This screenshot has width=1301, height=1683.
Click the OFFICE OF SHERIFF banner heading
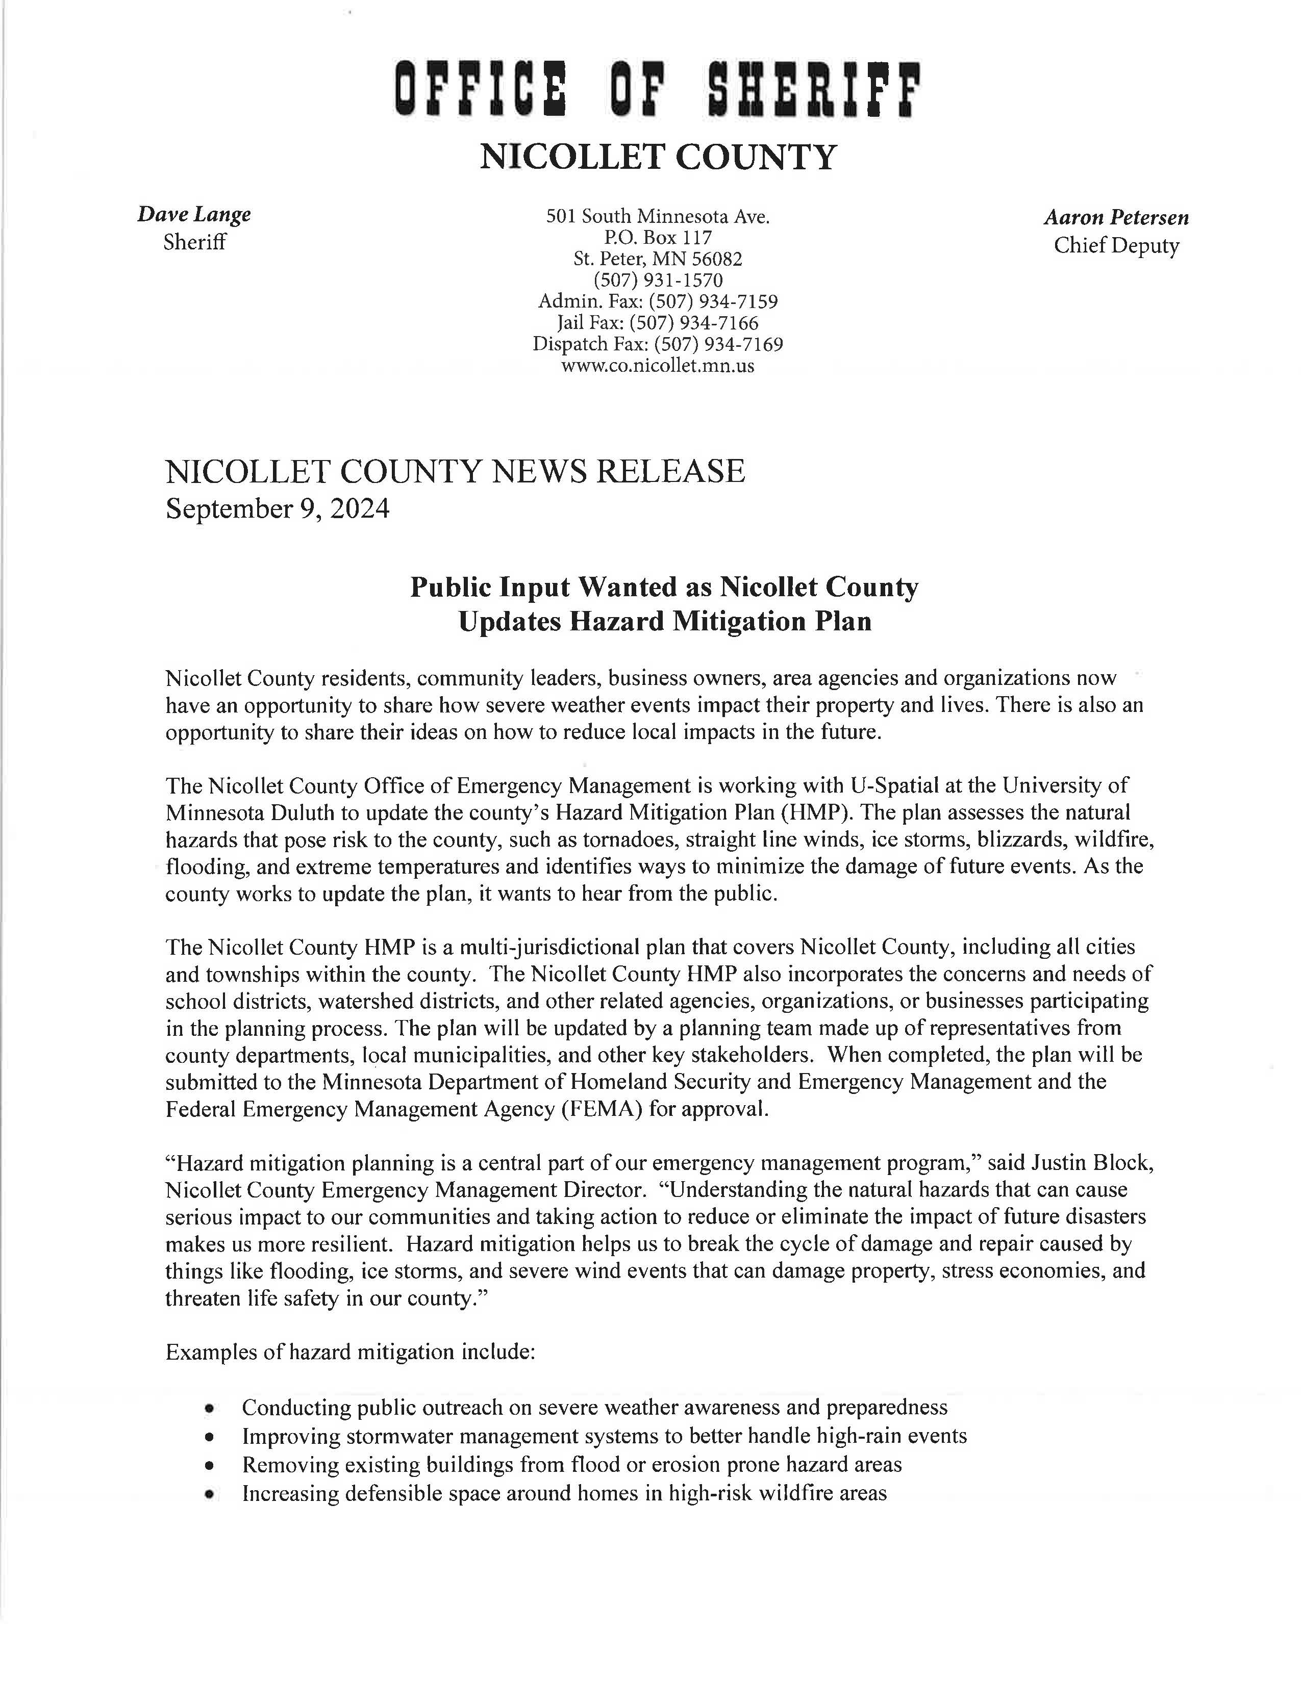click(658, 91)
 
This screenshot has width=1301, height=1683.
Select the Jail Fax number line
click(658, 322)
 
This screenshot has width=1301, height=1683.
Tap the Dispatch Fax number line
click(658, 344)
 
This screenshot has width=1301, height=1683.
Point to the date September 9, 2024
click(278, 509)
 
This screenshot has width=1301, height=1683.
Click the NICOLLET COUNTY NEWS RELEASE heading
click(455, 471)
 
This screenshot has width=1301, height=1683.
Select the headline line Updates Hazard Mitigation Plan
click(664, 621)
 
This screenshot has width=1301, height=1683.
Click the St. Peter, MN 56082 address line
click(658, 259)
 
